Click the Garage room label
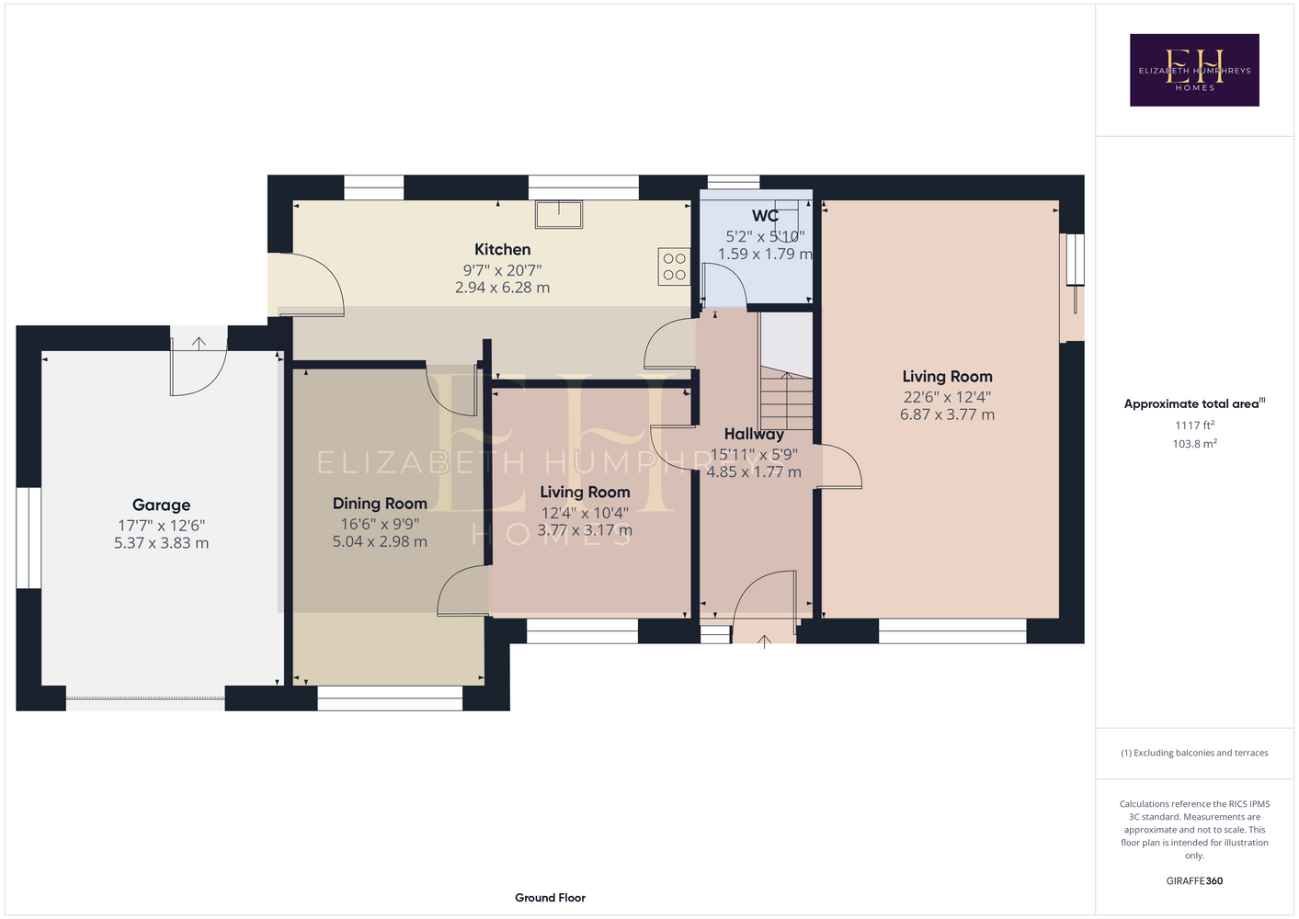tap(161, 505)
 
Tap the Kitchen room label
tap(502, 249)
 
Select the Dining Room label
tap(380, 504)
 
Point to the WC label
tap(765, 216)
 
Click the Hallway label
tap(754, 434)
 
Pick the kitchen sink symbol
tap(558, 214)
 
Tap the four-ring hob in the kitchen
tap(674, 267)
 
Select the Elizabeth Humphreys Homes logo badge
tap(1194, 70)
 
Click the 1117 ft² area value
tap(1194, 425)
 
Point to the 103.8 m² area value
tap(1194, 444)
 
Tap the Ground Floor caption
tap(550, 898)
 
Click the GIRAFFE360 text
tap(1194, 880)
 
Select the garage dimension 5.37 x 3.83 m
tap(161, 543)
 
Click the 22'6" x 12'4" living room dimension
tap(947, 397)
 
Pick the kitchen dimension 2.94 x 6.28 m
tap(502, 288)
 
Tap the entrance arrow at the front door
tap(764, 641)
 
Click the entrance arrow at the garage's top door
tap(199, 344)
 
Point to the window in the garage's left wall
tap(28, 538)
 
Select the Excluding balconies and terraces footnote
tap(1194, 753)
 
